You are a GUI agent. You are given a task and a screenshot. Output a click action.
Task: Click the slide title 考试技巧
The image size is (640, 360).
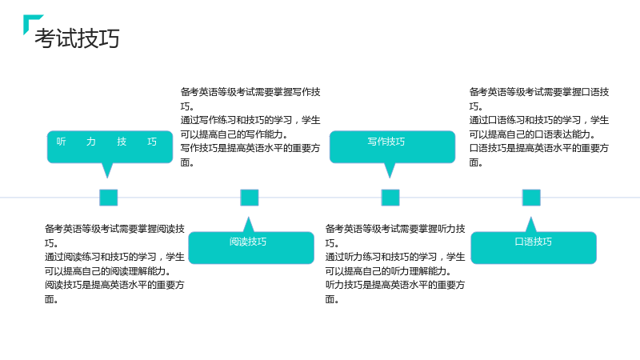pos(77,38)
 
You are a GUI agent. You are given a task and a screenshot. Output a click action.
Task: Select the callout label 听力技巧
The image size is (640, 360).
pos(106,142)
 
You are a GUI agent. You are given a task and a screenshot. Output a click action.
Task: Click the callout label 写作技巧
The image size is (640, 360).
pos(386,142)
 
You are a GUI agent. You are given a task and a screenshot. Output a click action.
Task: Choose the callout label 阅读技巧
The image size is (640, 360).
pos(248,242)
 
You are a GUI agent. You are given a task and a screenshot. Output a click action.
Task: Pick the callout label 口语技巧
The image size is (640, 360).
pos(533,242)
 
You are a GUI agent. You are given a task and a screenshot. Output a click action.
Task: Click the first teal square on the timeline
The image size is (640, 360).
pos(109,198)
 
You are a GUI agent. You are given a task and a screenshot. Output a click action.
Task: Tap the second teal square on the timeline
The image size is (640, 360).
pos(250,198)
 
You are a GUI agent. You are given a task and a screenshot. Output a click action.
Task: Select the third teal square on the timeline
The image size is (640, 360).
pos(390,198)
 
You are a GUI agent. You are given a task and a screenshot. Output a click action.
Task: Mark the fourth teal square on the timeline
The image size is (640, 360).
pos(531,198)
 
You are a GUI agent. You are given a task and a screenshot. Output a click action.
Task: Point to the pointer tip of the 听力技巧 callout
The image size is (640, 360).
pos(107,178)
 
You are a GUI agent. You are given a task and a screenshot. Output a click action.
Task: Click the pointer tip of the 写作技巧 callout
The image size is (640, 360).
pos(390,178)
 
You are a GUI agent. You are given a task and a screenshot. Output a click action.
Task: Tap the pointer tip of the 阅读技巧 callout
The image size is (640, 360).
pos(248,217)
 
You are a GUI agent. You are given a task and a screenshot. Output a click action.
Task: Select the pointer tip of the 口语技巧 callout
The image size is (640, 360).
pos(530,217)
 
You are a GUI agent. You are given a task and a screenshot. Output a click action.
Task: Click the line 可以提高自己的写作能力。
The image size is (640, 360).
pos(234,134)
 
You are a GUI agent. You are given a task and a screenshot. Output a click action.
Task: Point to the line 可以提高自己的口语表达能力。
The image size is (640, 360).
pos(532,134)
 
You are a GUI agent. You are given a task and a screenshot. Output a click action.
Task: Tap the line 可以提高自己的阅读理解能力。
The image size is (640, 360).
pos(108,271)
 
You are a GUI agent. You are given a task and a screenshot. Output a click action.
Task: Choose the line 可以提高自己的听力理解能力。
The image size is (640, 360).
pos(388,271)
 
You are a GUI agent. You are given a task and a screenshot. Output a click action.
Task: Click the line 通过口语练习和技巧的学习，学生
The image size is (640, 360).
pos(538,120)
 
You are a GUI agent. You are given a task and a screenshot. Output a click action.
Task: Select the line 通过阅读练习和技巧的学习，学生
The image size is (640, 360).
pos(114,257)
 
